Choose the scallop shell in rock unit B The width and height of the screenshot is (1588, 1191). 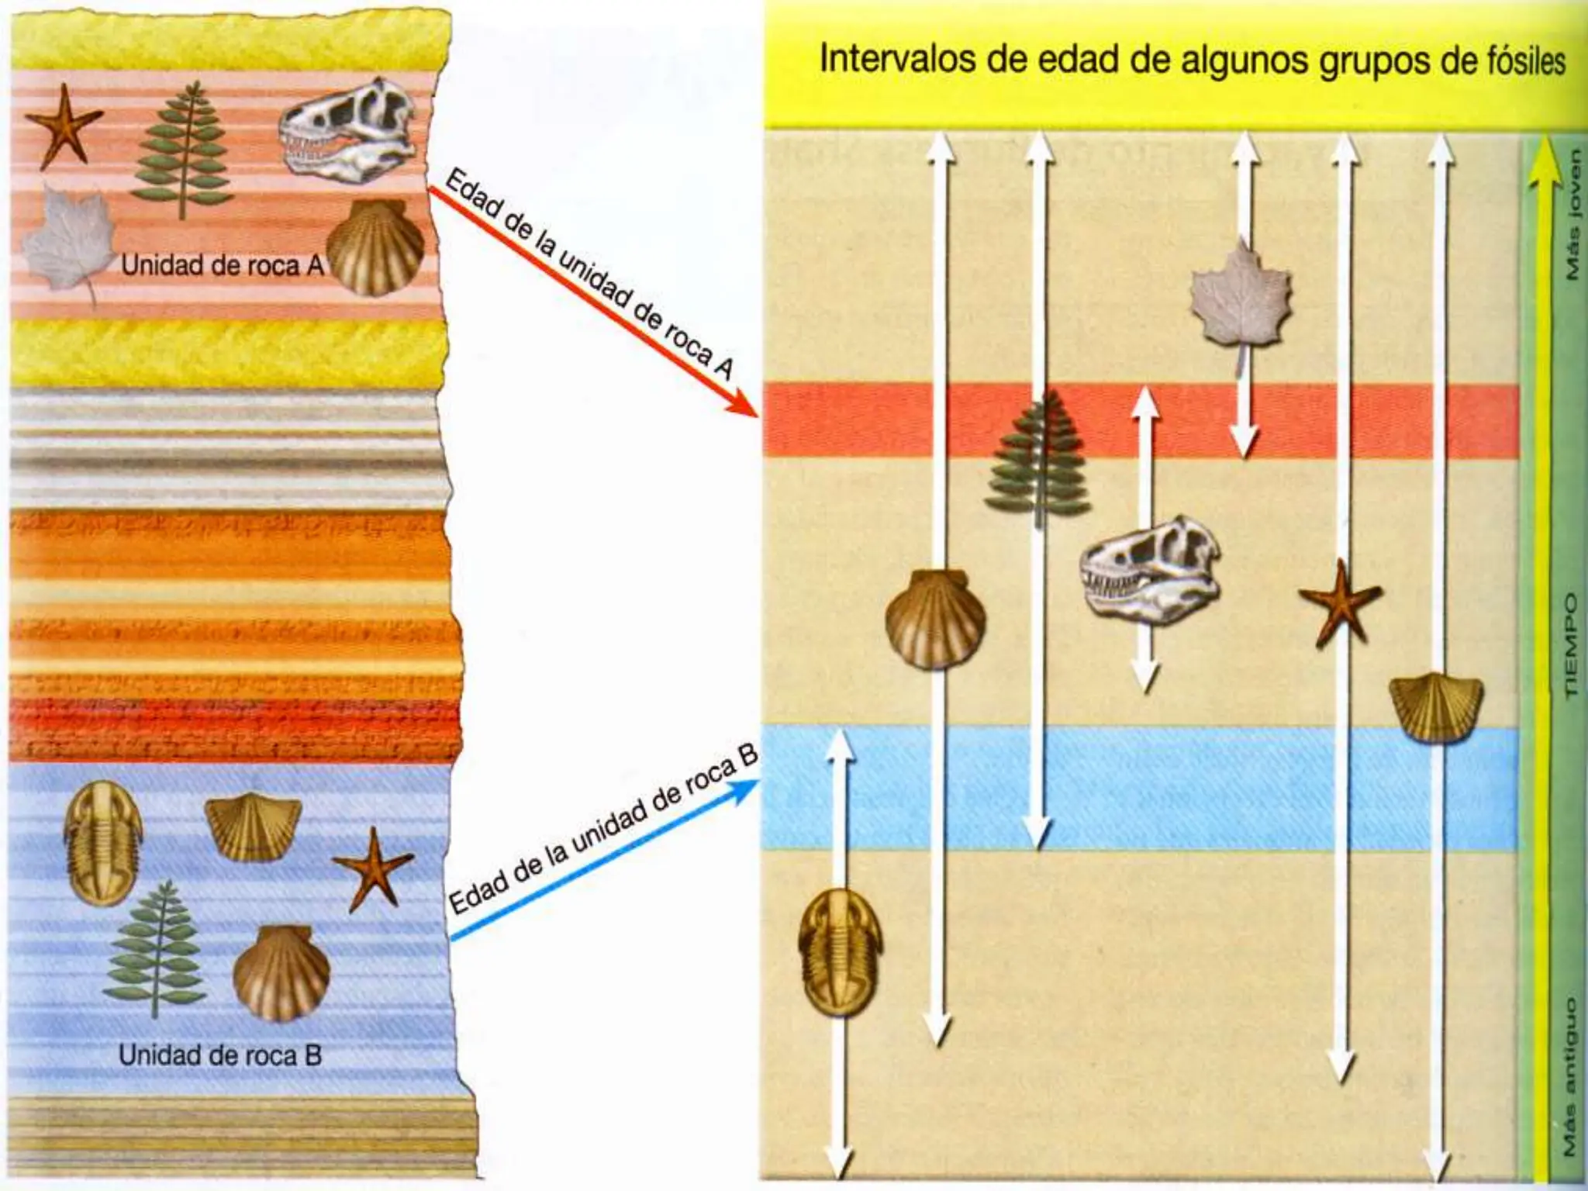(281, 972)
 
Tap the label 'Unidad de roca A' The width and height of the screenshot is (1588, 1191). (222, 266)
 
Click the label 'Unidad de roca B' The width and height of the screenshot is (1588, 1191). (220, 1056)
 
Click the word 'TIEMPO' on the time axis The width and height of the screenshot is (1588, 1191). (1569, 645)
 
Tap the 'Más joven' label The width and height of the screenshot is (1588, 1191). (1571, 213)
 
